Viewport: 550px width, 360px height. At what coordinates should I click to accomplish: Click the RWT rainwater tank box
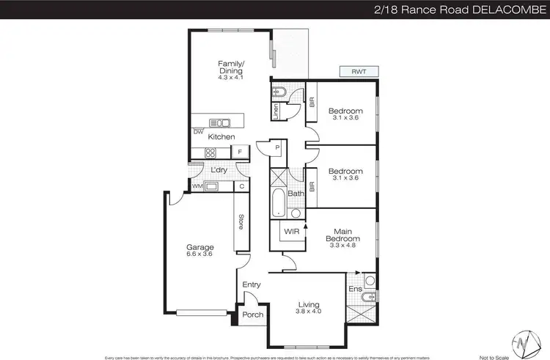pos(359,71)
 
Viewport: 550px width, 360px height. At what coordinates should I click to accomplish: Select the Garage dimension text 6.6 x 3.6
pos(199,254)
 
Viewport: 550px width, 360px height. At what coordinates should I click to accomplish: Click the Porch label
pos(253,315)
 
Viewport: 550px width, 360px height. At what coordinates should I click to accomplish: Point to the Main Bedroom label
pos(343,235)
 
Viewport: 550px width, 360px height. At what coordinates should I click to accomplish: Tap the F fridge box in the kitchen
pos(239,153)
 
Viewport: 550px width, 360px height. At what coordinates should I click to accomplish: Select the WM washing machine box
pos(197,186)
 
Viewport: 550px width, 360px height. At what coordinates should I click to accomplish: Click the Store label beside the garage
pos(240,221)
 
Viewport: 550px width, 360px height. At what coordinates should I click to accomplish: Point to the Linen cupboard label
pos(276,112)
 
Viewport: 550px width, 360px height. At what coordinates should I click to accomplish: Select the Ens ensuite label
pos(355,290)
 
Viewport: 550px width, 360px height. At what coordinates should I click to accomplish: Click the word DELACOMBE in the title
pos(508,9)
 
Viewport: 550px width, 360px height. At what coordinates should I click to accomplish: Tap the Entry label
pos(252,285)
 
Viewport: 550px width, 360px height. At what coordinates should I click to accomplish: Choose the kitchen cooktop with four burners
pos(210,153)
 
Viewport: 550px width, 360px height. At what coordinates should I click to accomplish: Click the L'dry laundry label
pos(219,171)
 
